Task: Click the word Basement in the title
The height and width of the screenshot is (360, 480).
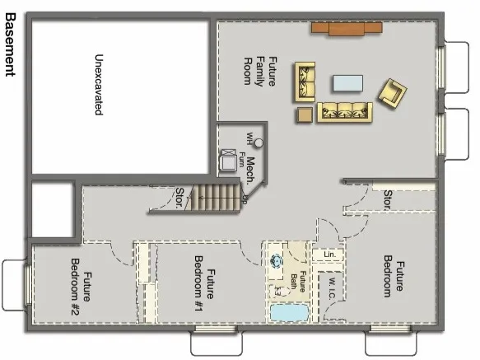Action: coord(12,44)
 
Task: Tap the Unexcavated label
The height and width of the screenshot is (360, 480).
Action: coord(98,85)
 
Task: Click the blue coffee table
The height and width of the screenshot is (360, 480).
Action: coord(347,83)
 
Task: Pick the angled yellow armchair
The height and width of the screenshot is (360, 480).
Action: coord(392,91)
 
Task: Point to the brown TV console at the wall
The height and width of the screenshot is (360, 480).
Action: coord(346,29)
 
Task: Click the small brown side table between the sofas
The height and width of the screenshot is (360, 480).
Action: coord(305,115)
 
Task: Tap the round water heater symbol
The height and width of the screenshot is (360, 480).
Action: coord(258,143)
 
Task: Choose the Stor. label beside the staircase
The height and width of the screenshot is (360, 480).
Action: coord(180,198)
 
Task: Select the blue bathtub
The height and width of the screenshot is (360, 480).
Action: coord(288,314)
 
